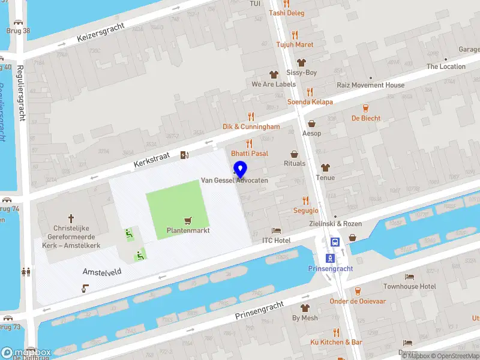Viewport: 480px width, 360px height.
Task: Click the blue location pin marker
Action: coord(240,169)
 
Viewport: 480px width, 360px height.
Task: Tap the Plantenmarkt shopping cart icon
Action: coord(188,221)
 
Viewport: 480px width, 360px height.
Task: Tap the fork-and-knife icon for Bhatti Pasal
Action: coord(250,143)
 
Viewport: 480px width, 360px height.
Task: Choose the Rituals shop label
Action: coord(295,163)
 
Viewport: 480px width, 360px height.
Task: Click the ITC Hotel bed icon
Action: coord(276,230)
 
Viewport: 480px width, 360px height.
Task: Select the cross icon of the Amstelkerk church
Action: coord(71,219)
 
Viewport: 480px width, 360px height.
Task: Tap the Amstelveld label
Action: coord(101,272)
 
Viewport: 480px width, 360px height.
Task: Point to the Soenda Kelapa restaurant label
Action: coord(310,101)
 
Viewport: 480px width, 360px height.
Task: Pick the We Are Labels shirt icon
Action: coord(274,75)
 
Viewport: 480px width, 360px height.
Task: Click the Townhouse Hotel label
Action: coord(410,287)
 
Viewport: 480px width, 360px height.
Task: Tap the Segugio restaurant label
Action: coord(305,211)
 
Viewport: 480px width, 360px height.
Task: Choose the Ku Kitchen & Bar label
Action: coord(336,342)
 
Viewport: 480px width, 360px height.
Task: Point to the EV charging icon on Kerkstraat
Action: coord(185,155)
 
